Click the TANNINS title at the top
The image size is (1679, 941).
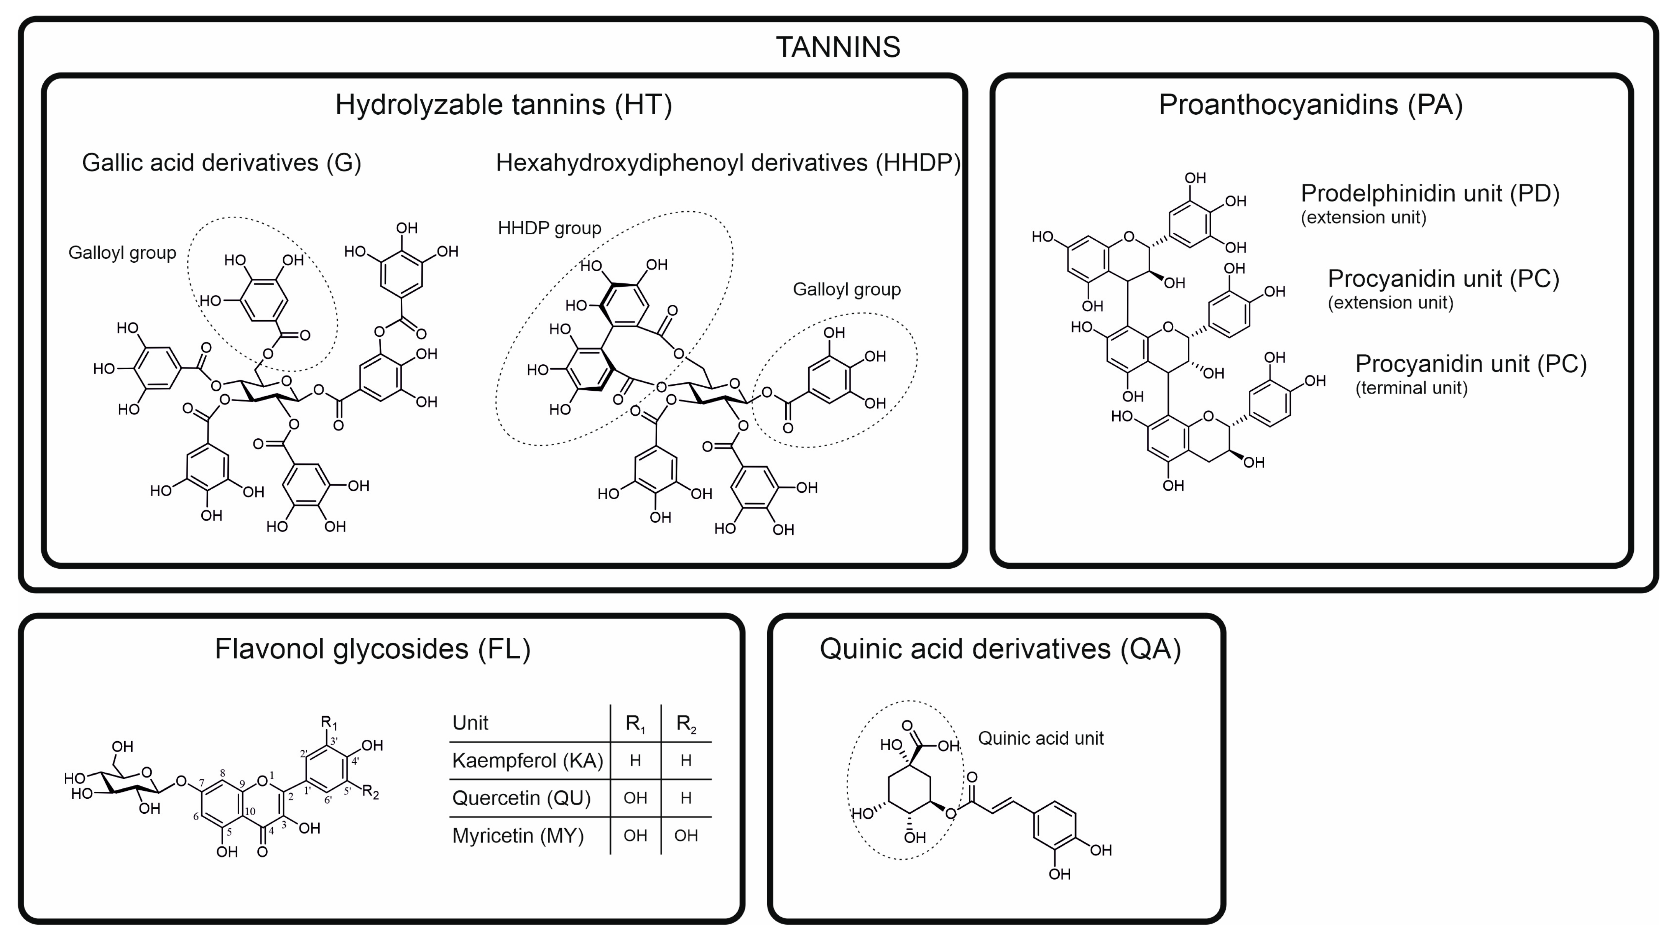point(838,47)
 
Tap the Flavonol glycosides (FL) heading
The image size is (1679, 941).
point(373,649)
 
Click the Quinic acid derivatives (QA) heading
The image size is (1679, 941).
point(1000,649)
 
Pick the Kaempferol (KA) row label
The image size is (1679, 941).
point(527,760)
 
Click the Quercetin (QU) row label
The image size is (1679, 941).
point(521,798)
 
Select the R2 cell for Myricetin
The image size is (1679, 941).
point(686,836)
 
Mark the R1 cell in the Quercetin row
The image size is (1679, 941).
point(635,798)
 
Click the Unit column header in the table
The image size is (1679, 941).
point(470,723)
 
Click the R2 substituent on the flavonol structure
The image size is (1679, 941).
point(370,793)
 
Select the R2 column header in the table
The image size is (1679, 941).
point(686,723)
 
